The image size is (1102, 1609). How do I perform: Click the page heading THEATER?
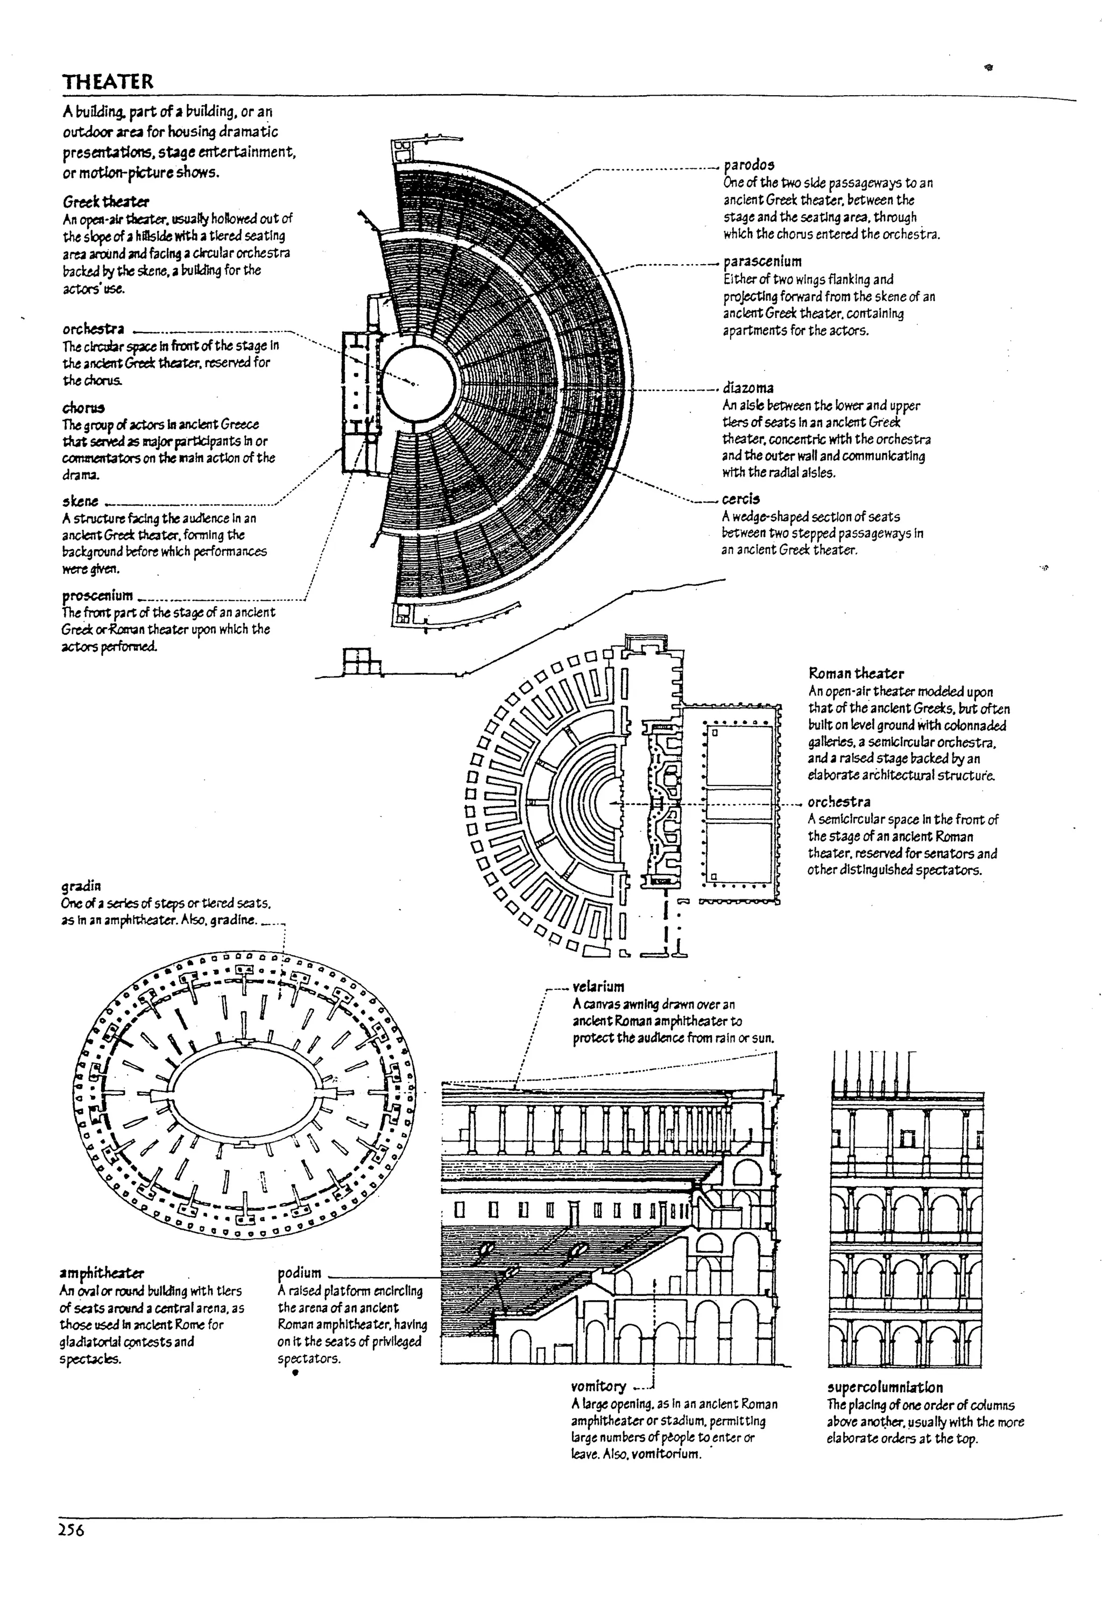pyautogui.click(x=108, y=82)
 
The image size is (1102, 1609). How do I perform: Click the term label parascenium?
pyautogui.click(x=762, y=261)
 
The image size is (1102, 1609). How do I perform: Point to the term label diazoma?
pyautogui.click(x=748, y=388)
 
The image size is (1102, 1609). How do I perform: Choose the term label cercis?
pyautogui.click(x=740, y=499)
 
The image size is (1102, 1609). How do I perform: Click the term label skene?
pyautogui.click(x=80, y=501)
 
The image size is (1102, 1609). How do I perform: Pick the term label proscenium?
pyautogui.click(x=97, y=596)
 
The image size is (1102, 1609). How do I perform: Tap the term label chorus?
pyautogui.click(x=83, y=407)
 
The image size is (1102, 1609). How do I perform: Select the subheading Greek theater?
pyautogui.click(x=105, y=202)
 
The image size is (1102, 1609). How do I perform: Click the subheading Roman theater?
pyautogui.click(x=856, y=673)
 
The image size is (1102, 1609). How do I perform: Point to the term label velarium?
pyautogui.click(x=598, y=987)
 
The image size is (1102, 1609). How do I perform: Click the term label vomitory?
pyautogui.click(x=598, y=1386)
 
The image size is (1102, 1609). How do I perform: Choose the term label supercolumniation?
pyautogui.click(x=885, y=1387)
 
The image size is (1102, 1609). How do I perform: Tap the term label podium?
pyautogui.click(x=299, y=1273)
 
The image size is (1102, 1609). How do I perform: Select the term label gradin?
pyautogui.click(x=81, y=885)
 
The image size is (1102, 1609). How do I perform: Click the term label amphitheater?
pyautogui.click(x=102, y=1273)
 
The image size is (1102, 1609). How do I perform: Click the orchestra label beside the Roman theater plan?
pyautogui.click(x=839, y=802)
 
